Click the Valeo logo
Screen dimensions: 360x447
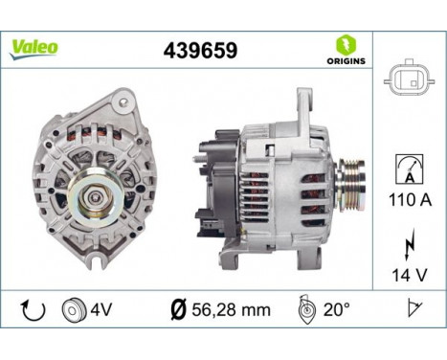(34, 47)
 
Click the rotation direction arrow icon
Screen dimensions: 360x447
(32, 308)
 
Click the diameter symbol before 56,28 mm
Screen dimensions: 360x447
(177, 309)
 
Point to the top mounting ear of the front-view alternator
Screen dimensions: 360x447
(122, 100)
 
